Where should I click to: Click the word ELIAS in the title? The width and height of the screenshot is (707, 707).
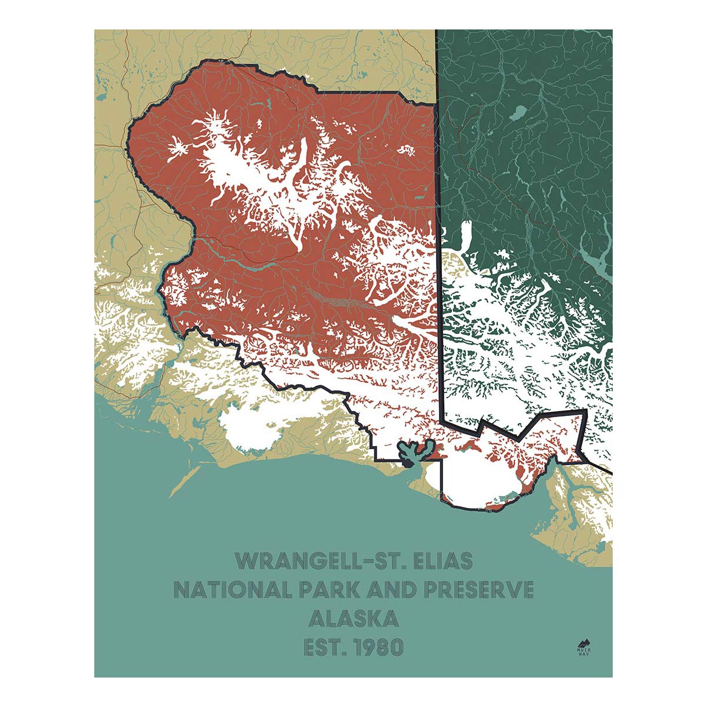coord(442,561)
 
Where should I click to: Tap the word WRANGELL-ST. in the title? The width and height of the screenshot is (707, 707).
coord(319,561)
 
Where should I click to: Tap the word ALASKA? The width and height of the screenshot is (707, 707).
coord(353,619)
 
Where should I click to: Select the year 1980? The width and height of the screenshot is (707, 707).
coord(380,647)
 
